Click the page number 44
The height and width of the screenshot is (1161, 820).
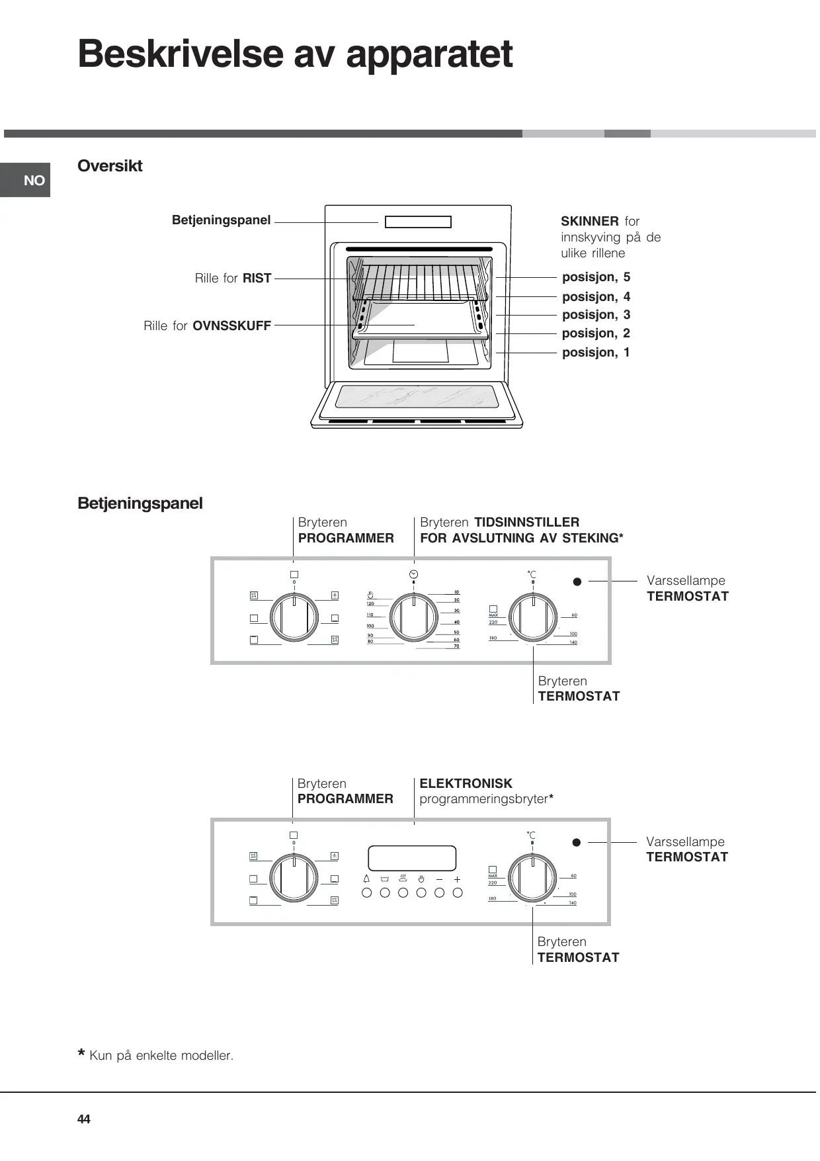pyautogui.click(x=84, y=1119)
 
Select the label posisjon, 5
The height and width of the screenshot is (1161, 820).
pyautogui.click(x=596, y=277)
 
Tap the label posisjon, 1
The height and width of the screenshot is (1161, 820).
pyautogui.click(x=596, y=353)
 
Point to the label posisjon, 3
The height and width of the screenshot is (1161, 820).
pyautogui.click(x=596, y=315)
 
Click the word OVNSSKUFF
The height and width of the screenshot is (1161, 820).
pyautogui.click(x=231, y=326)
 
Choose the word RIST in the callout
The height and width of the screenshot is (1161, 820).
pyautogui.click(x=257, y=279)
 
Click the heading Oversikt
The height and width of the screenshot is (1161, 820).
pyautogui.click(x=110, y=166)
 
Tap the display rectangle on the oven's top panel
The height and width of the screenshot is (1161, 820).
pyautogui.click(x=418, y=222)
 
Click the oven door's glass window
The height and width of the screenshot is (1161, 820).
pyautogui.click(x=417, y=397)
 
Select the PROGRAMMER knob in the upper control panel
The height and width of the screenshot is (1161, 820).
pyautogui.click(x=294, y=617)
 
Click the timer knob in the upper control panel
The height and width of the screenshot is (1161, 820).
pyautogui.click(x=413, y=617)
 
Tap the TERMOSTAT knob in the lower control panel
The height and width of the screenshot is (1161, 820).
pyautogui.click(x=532, y=878)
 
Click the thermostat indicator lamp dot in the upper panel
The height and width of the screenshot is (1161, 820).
pyautogui.click(x=577, y=581)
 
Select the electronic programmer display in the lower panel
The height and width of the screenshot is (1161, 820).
pyautogui.click(x=412, y=858)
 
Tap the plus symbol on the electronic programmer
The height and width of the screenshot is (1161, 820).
pyautogui.click(x=457, y=879)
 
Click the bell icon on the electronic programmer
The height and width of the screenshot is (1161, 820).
pyautogui.click(x=366, y=879)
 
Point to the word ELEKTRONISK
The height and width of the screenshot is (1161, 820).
pyautogui.click(x=466, y=783)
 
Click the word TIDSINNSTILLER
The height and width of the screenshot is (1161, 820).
pyautogui.click(x=526, y=522)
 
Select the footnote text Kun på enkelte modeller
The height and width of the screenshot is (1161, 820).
pyautogui.click(x=161, y=1055)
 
